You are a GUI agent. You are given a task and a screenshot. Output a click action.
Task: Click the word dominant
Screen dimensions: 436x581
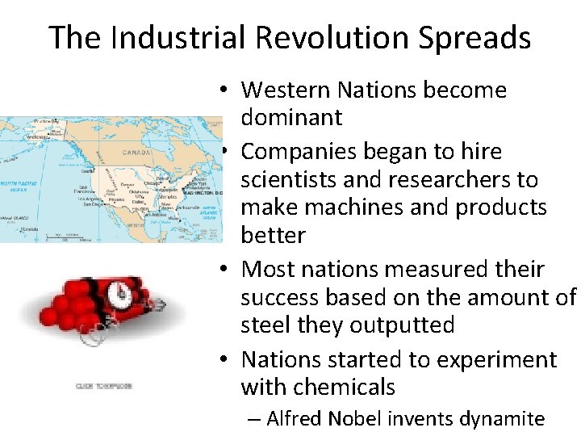pos(291,118)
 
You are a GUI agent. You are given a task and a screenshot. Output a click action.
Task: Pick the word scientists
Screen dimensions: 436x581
pos(288,179)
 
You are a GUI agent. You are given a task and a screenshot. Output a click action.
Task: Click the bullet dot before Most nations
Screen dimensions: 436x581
pos(228,268)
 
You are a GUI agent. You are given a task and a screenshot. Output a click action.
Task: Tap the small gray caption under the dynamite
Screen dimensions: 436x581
pos(103,386)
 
